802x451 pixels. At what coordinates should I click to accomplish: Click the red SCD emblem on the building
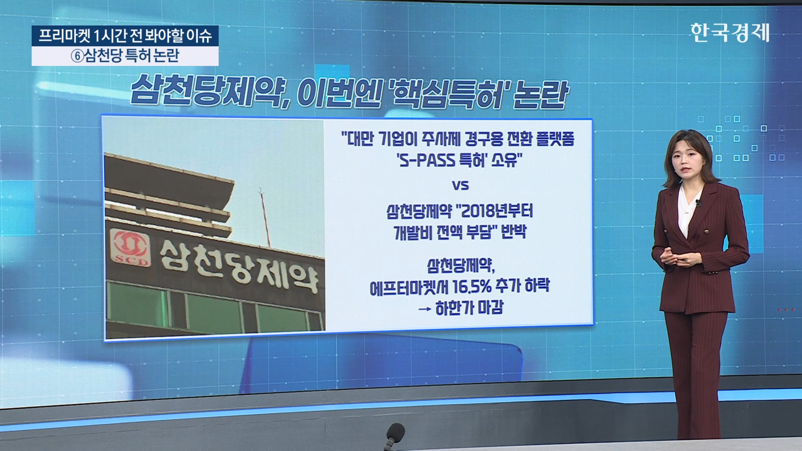tap(130, 248)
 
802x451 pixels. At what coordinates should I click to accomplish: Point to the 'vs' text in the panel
tap(460, 185)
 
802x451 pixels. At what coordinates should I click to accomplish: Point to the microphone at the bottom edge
tap(394, 436)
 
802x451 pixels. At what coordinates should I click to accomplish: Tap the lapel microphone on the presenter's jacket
tap(697, 203)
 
